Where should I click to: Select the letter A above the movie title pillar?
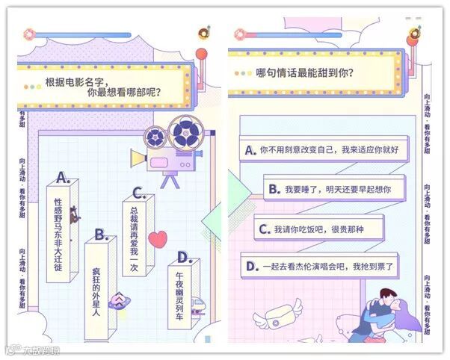pyautogui.click(x=64, y=178)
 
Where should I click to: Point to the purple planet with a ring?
pyautogui.click(x=118, y=301)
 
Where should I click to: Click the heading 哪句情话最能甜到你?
pyautogui.click(x=305, y=73)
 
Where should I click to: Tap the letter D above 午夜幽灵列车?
pyautogui.click(x=183, y=258)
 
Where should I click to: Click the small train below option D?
pyautogui.click(x=197, y=305)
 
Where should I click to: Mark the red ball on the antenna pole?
pyautogui.click(x=201, y=55)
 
